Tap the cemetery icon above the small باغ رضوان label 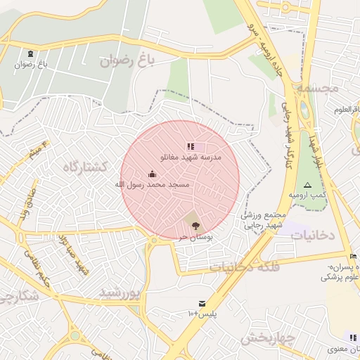click(x=30, y=54)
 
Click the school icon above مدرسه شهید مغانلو click(x=190, y=146)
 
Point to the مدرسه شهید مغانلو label click(x=192, y=157)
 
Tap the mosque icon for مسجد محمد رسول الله click(x=152, y=174)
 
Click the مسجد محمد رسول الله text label click(x=152, y=184)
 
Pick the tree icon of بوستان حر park click(x=195, y=226)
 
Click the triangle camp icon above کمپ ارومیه click(x=307, y=184)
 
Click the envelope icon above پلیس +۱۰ click(x=202, y=303)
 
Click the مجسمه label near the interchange click(x=319, y=89)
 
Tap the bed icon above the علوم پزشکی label click(x=352, y=256)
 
